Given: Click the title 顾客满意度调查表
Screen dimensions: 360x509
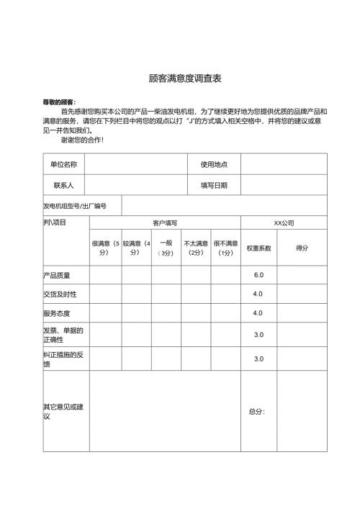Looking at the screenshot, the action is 179,77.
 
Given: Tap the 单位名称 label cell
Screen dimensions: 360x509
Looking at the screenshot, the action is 63,164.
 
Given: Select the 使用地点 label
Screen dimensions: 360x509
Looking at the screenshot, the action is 214,164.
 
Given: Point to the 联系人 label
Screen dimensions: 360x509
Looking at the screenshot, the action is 63,185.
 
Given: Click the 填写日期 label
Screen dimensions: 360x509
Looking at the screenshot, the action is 214,185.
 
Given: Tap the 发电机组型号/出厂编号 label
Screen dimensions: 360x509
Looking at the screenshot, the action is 75,206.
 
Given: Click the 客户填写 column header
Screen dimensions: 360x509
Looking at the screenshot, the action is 164,223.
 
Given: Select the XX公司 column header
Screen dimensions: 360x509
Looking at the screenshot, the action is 283,223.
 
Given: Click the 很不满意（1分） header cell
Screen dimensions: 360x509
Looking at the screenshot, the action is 225,248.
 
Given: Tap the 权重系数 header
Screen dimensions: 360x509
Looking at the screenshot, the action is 258,248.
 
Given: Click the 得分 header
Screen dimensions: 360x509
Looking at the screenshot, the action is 302,248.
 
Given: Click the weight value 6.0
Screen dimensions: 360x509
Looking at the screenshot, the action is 258,275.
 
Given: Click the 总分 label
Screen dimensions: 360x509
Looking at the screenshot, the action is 257,412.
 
